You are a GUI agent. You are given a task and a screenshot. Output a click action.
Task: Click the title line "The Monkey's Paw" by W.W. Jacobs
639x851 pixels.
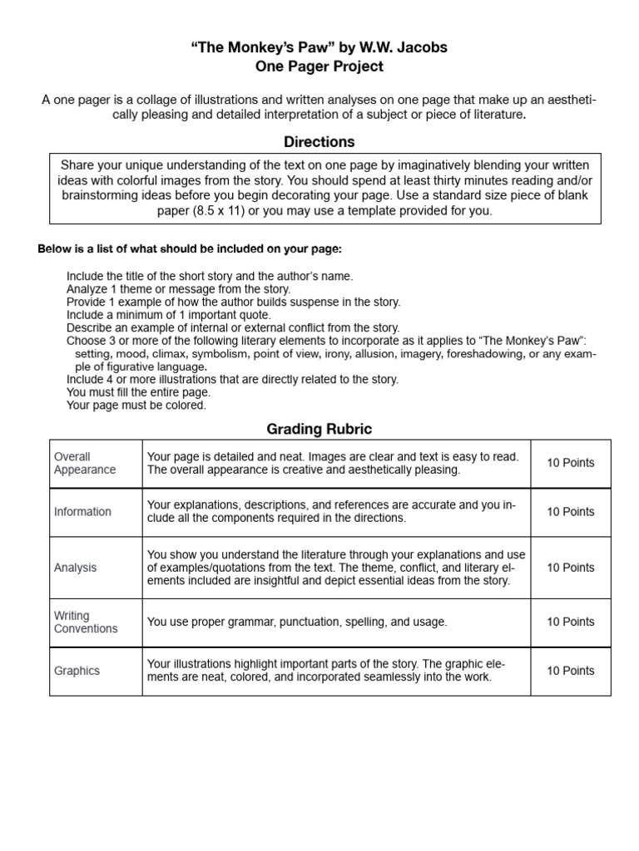click(x=319, y=47)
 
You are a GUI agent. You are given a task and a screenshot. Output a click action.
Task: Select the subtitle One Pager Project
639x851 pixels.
click(x=319, y=66)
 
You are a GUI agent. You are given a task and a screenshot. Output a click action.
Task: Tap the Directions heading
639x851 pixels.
click(x=319, y=142)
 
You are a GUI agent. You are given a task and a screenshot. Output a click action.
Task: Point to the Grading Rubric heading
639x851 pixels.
click(x=319, y=429)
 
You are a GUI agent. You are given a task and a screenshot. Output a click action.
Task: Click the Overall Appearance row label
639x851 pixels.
click(x=85, y=463)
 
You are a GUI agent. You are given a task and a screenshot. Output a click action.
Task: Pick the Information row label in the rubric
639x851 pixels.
click(x=82, y=512)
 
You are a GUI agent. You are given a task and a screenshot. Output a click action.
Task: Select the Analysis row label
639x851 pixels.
click(x=76, y=568)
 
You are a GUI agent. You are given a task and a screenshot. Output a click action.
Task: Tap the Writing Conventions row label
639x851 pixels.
click(x=86, y=622)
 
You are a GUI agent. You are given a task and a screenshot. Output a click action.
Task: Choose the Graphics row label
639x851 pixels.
click(x=77, y=671)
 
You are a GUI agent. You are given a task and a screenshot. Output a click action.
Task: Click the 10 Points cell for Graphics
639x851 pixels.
click(x=571, y=671)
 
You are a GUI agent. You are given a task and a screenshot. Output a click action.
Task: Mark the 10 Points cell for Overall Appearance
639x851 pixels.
click(x=571, y=463)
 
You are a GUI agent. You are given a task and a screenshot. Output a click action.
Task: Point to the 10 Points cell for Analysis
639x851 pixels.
click(x=571, y=568)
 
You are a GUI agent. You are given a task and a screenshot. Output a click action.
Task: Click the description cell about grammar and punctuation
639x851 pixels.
click(x=297, y=622)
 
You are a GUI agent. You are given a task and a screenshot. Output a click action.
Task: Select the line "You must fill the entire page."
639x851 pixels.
click(x=138, y=392)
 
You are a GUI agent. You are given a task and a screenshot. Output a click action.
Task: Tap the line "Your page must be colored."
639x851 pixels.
click(x=136, y=406)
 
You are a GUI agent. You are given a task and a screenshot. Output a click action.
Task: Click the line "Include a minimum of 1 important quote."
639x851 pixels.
click(x=169, y=315)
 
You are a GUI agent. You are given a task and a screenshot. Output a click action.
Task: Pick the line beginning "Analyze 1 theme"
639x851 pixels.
click(x=178, y=289)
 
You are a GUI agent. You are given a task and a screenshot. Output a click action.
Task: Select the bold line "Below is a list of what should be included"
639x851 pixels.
click(x=190, y=249)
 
